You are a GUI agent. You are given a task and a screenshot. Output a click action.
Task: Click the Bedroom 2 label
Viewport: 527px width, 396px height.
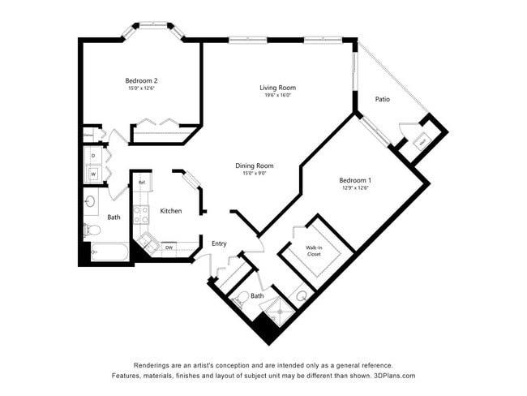pos(141,80)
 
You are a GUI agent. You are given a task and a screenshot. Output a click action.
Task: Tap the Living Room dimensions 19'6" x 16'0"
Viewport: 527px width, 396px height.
pos(277,96)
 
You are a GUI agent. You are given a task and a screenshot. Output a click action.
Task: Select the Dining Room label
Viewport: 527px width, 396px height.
pos(254,166)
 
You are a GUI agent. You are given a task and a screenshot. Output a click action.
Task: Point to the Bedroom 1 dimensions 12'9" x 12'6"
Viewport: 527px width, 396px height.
pos(355,187)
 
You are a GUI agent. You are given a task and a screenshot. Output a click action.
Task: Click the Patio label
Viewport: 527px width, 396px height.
pos(382,100)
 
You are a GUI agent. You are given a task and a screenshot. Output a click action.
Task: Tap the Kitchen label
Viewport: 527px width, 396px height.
pos(170,211)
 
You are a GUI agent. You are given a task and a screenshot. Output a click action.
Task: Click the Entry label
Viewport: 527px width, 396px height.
pos(219,243)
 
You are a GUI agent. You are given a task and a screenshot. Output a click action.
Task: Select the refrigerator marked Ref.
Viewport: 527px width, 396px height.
pos(141,183)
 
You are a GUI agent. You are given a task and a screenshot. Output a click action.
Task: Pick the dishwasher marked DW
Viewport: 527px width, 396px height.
pos(169,247)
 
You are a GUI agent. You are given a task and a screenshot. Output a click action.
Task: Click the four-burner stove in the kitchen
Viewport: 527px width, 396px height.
pos(141,215)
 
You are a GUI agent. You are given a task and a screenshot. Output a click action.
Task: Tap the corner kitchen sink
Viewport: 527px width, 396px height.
pos(147,241)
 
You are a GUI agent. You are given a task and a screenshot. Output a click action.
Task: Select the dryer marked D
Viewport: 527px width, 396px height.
pos(92,154)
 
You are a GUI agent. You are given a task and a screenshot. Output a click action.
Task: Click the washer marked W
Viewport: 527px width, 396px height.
pos(92,173)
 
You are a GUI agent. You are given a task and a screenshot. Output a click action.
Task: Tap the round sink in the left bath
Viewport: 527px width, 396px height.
pos(90,200)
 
